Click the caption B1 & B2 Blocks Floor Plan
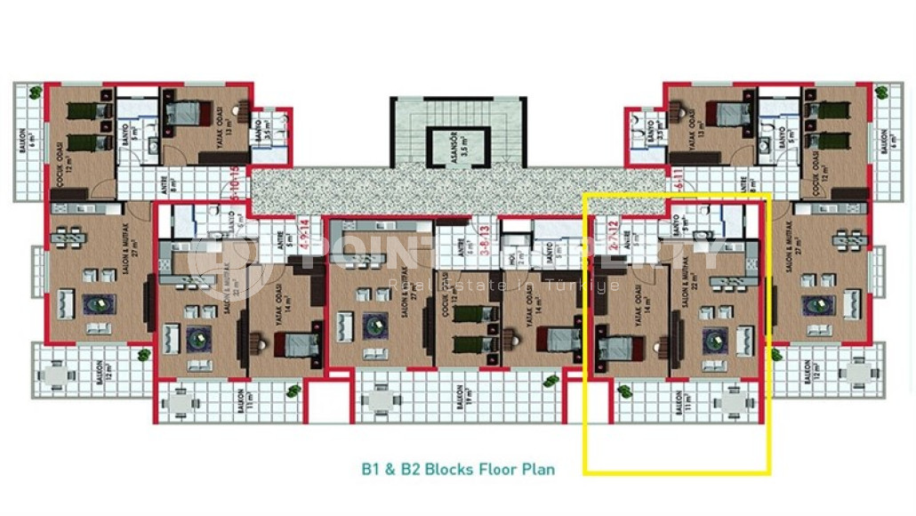coord(457,468)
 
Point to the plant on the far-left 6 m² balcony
coord(33,92)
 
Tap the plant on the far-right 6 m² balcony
coord(882,92)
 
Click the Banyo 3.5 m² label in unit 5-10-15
coord(258,133)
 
